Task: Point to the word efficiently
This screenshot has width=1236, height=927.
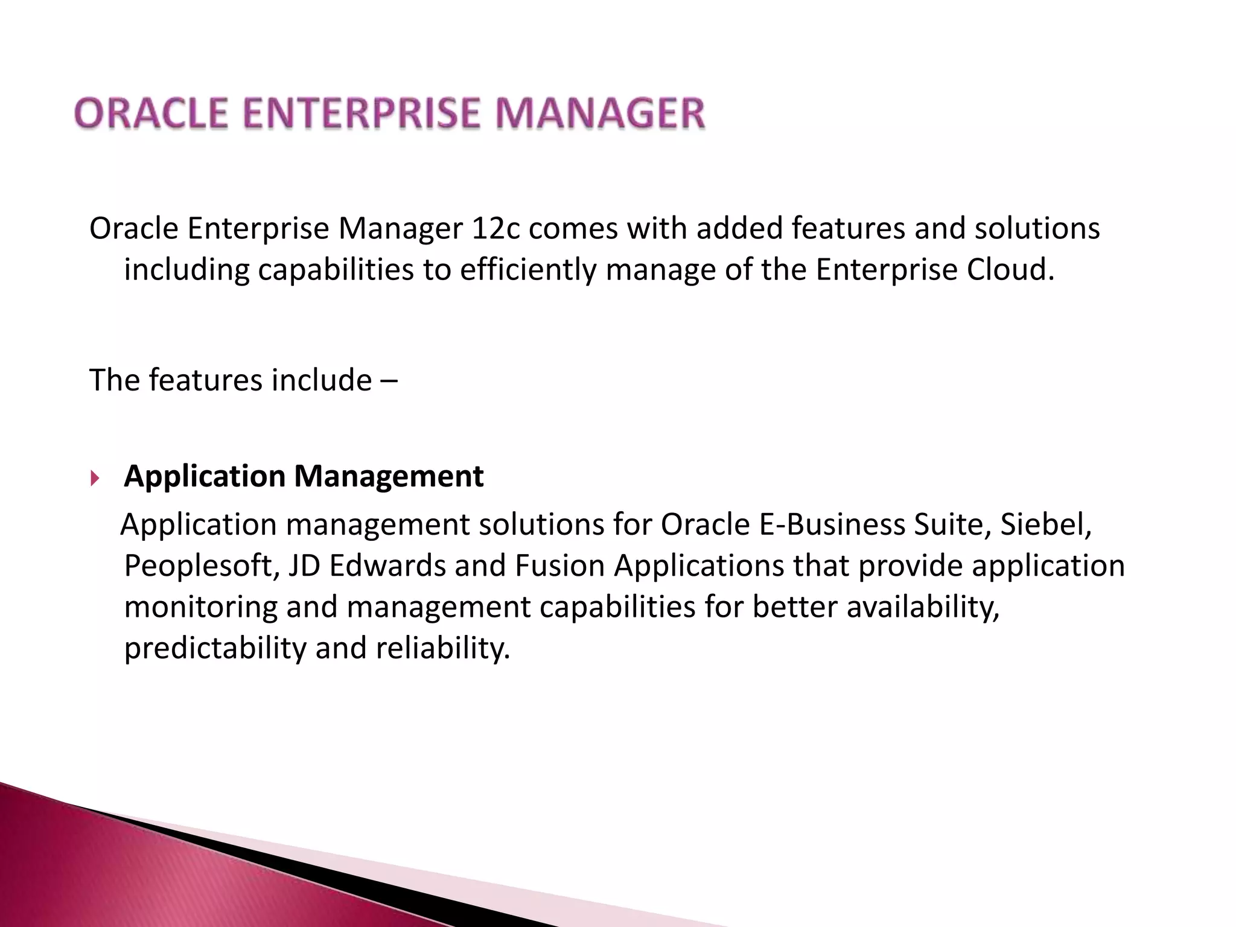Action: tap(527, 270)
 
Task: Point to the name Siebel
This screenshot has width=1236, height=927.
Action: tap(1046, 524)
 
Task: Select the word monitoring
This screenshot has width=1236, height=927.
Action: tap(200, 607)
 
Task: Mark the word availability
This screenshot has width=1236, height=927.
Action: tap(923, 607)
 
